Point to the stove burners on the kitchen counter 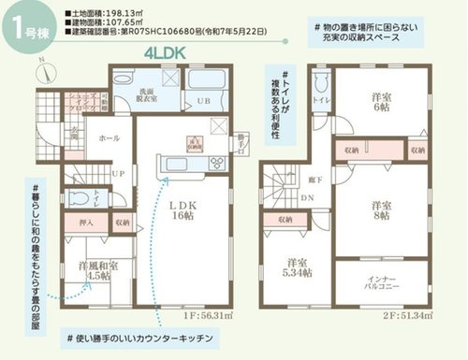click(x=215, y=165)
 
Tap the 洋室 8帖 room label click(x=381, y=209)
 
